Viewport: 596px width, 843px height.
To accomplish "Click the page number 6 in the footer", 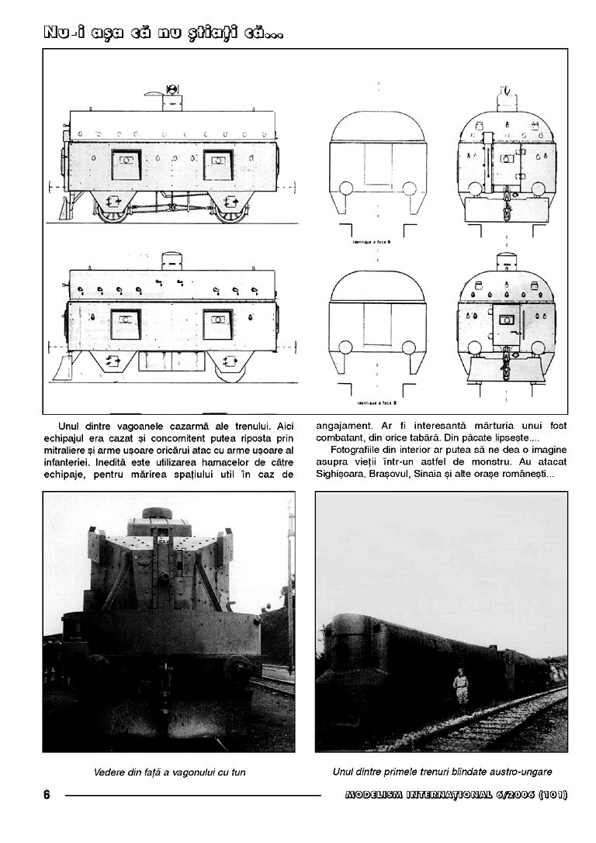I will click(47, 795).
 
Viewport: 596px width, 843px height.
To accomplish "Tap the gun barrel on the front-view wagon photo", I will click(166, 579).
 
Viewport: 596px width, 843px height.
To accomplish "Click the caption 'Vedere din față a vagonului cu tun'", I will click(168, 772).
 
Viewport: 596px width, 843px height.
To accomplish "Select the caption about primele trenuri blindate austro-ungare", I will click(442, 771).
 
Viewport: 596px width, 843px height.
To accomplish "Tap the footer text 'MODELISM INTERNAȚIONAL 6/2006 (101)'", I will click(455, 795).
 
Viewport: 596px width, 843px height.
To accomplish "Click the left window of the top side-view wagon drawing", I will click(126, 164).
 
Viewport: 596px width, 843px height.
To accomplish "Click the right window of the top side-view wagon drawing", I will click(218, 164).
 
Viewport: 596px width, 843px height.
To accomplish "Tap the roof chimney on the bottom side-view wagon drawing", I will click(171, 260).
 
